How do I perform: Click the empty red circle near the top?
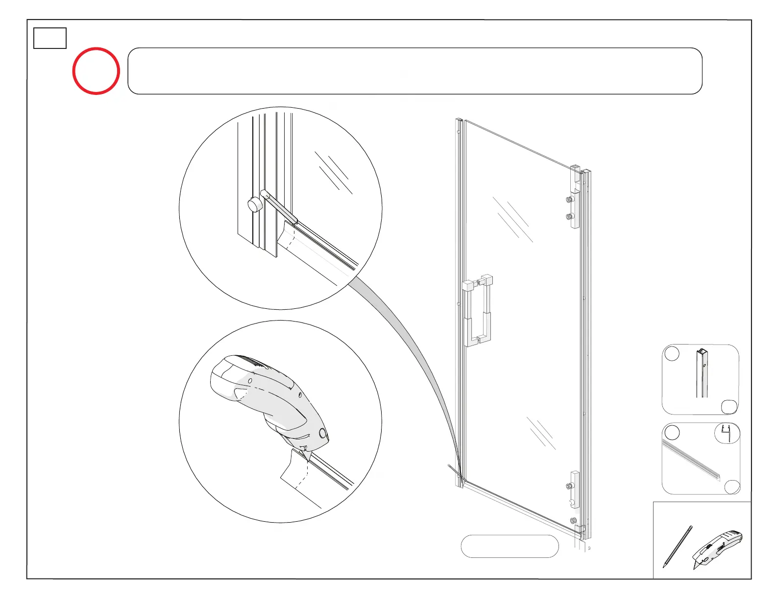click(96, 71)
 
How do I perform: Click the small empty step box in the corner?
click(50, 38)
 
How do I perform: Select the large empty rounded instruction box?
click(414, 71)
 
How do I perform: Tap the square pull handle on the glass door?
click(477, 310)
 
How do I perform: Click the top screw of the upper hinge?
click(569, 200)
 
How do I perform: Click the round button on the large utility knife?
click(322, 433)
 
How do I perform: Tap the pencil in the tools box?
click(677, 547)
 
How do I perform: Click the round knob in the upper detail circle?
click(254, 205)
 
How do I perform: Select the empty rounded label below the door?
click(509, 546)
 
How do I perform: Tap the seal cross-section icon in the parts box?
click(727, 434)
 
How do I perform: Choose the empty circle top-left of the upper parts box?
click(672, 353)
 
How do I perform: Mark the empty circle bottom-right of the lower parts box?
click(732, 486)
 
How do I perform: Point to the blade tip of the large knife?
click(308, 460)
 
